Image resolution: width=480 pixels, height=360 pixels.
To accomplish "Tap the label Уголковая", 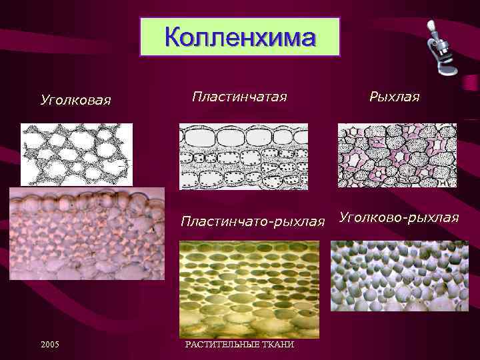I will point(75,101).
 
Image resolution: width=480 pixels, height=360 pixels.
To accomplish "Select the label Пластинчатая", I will point(239,97).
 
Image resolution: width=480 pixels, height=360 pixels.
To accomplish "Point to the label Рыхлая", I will point(395,97).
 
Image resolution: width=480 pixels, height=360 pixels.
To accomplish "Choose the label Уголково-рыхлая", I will point(399,217).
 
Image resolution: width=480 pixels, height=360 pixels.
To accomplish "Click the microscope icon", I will point(442,48).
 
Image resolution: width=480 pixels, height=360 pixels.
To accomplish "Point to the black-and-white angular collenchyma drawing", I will point(76,153).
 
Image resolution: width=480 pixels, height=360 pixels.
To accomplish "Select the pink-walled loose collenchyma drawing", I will point(397,155).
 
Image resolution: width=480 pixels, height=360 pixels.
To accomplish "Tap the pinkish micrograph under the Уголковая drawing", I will point(87,233).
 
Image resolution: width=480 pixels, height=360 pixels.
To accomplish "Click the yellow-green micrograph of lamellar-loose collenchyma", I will point(249,289).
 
